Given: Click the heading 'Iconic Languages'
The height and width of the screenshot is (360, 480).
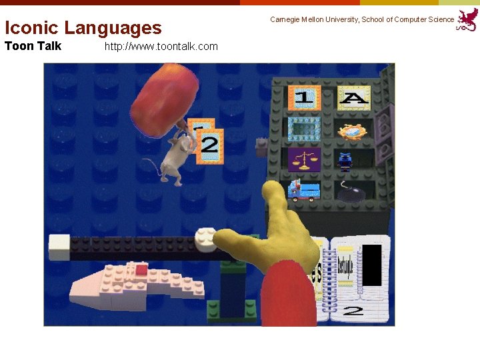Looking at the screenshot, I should pyautogui.click(x=83, y=28).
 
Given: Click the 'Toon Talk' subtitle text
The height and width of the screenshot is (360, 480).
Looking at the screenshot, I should pyautogui.click(x=33, y=46).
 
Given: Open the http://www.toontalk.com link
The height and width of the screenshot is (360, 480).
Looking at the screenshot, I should pyautogui.click(x=161, y=46).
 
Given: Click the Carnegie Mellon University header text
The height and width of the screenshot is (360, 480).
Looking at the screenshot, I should pyautogui.click(x=361, y=19).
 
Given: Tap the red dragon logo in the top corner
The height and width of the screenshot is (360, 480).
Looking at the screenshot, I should pyautogui.click(x=467, y=19).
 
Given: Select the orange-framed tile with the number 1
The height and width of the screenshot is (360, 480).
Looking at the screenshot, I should pyautogui.click(x=303, y=98).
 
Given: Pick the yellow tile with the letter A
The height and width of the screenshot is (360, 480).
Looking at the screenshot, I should pyautogui.click(x=353, y=98).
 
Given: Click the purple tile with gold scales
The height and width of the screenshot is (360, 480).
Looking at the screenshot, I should pyautogui.click(x=304, y=160).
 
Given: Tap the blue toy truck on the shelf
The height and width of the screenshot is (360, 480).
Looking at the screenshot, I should pyautogui.click(x=303, y=191).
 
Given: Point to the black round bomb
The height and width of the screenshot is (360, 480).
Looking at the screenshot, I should pyautogui.click(x=352, y=193).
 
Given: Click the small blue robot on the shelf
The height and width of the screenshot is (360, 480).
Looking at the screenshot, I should pyautogui.click(x=345, y=161).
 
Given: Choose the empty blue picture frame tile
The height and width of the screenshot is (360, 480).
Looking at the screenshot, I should pyautogui.click(x=304, y=129).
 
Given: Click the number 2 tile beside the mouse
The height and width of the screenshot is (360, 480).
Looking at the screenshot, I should pyautogui.click(x=210, y=145).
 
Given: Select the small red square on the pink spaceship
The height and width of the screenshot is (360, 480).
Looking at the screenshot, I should pyautogui.click(x=141, y=270).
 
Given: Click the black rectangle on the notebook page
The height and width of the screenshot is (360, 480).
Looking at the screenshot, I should pyautogui.click(x=371, y=265).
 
